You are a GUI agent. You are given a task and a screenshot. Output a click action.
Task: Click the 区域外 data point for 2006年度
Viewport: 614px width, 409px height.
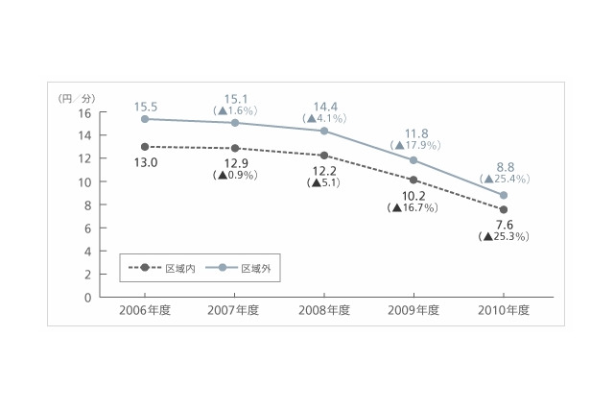[145, 119]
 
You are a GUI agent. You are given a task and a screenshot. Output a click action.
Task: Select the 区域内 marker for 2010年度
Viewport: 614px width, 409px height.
[504, 209]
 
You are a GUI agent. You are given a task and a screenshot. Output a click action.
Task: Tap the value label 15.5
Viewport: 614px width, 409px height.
[146, 107]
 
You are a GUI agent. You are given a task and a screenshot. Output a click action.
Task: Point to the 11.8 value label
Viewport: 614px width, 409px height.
[416, 133]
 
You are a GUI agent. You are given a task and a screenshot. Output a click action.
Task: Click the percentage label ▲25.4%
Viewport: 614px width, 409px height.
[505, 179]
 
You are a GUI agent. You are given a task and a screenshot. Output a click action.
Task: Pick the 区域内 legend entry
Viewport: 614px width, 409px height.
[162, 268]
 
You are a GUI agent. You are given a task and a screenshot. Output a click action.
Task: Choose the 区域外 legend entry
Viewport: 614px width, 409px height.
[239, 268]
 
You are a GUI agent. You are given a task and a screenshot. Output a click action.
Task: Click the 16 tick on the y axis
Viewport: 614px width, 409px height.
[84, 113]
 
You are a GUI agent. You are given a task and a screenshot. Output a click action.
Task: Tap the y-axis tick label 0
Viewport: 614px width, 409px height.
[87, 298]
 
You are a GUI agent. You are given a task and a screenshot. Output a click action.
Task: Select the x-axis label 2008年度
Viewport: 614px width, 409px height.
[324, 310]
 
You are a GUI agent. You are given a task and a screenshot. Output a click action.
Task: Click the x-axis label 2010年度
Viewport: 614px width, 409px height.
[504, 310]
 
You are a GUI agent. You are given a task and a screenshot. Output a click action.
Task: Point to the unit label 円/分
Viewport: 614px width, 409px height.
[77, 98]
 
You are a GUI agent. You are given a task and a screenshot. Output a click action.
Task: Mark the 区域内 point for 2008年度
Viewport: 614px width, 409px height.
[324, 156]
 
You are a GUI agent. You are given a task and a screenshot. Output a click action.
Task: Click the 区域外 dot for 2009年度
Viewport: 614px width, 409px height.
[413, 160]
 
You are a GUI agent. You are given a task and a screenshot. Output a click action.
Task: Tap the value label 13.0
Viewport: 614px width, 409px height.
[146, 162]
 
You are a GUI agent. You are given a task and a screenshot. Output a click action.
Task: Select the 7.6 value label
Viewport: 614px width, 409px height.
[505, 225]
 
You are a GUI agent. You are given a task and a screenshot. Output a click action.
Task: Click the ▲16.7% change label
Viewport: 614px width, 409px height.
[413, 207]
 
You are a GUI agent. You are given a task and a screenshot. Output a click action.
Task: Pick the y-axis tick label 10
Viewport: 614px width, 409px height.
[84, 182]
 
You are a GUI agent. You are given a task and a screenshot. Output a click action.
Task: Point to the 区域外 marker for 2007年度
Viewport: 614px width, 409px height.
[235, 123]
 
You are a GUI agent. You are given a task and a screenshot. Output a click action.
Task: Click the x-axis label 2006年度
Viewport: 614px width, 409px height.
[145, 310]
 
